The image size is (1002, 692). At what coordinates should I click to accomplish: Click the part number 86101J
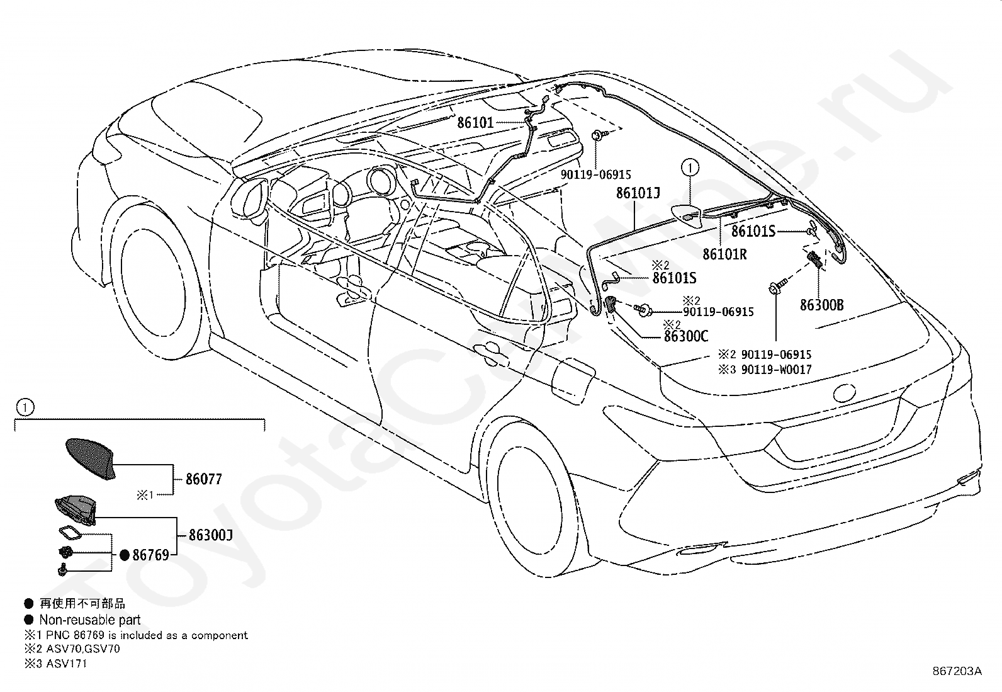click(x=638, y=193)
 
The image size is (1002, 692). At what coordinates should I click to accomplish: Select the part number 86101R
click(x=724, y=254)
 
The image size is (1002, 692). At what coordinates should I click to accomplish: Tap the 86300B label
click(x=822, y=305)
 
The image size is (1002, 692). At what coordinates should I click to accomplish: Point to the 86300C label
click(x=686, y=336)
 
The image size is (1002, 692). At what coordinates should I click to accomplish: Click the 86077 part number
click(x=203, y=479)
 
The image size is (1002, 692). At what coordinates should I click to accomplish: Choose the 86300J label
click(x=211, y=535)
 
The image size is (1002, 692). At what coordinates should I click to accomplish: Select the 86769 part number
click(x=151, y=555)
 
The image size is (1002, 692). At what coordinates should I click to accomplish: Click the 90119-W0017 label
click(x=777, y=370)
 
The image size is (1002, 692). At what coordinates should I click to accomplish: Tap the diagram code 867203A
click(x=957, y=671)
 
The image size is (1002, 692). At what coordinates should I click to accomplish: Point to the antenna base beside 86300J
click(x=76, y=510)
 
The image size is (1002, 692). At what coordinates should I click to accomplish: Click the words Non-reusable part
click(x=90, y=620)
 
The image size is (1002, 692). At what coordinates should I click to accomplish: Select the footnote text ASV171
click(x=66, y=664)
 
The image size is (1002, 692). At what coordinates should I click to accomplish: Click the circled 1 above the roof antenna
click(x=690, y=168)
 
